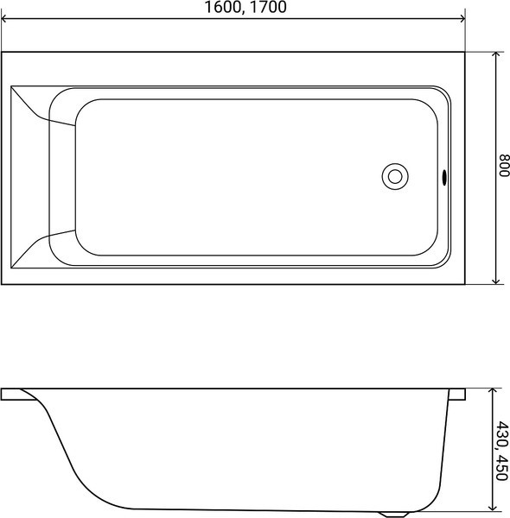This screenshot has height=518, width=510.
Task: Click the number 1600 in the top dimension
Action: point(222,7)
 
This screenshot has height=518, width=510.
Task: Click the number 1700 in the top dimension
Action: point(267,7)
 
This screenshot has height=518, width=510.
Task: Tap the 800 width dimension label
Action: point(503,166)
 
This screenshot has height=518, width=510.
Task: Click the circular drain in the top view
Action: point(395,177)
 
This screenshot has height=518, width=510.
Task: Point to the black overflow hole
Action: point(444,177)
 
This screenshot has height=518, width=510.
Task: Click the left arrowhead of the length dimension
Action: point(4,19)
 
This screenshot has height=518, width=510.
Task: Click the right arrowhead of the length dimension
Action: point(462,19)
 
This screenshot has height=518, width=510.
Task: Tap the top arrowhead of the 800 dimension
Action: point(495,55)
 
